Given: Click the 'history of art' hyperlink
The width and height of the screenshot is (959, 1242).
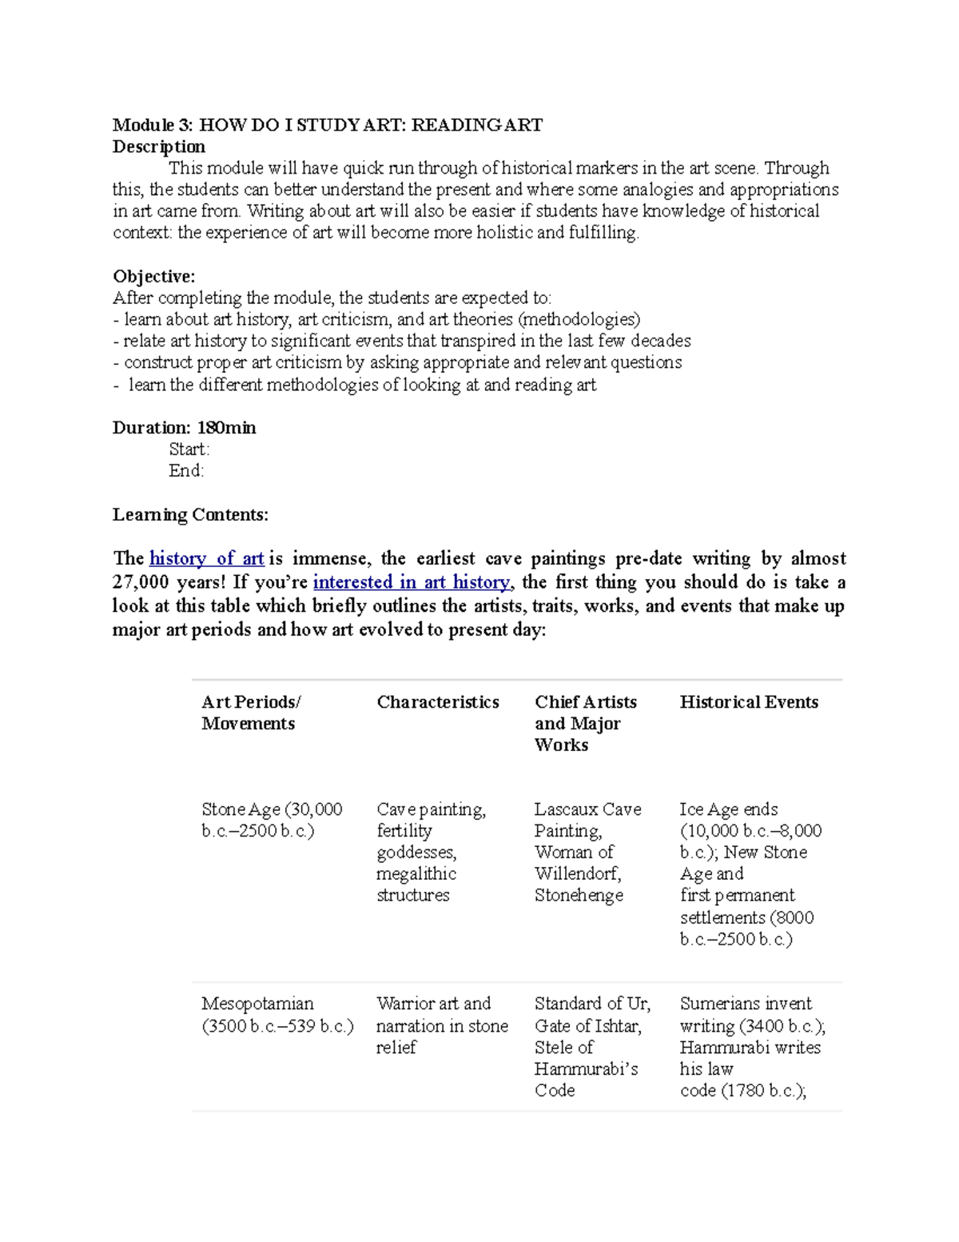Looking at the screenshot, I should [206, 558].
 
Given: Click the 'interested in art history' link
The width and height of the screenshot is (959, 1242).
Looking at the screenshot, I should [411, 582].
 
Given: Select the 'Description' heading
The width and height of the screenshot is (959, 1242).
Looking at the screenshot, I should [158, 146].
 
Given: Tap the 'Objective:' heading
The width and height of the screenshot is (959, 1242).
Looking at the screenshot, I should [153, 276].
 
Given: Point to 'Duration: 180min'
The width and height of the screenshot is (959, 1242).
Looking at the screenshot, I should [184, 427].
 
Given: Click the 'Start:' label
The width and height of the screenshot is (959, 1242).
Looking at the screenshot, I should [189, 449].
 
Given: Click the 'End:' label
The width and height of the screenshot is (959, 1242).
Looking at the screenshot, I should [186, 470].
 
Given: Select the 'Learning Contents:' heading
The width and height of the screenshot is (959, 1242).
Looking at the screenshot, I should [190, 514].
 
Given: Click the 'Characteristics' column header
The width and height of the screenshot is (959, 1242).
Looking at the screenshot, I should [437, 701].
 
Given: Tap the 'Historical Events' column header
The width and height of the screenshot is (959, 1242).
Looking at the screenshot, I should [748, 701].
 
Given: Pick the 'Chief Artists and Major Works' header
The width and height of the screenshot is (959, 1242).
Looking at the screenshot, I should [584, 723].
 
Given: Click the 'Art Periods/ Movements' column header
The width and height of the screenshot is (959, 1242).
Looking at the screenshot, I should [250, 712].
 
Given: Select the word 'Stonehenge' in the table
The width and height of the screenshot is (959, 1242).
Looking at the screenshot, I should [579, 895].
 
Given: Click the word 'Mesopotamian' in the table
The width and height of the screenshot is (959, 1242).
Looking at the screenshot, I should [257, 1003].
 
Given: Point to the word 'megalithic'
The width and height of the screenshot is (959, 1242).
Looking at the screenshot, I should [416, 873].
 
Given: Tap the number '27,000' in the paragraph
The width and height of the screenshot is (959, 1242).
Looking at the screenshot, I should [140, 582].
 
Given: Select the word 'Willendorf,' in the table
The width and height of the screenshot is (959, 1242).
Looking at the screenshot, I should [577, 873].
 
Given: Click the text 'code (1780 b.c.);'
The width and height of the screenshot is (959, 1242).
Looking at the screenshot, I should [742, 1090].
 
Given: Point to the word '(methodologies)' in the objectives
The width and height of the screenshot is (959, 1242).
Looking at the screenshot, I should [579, 319].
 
